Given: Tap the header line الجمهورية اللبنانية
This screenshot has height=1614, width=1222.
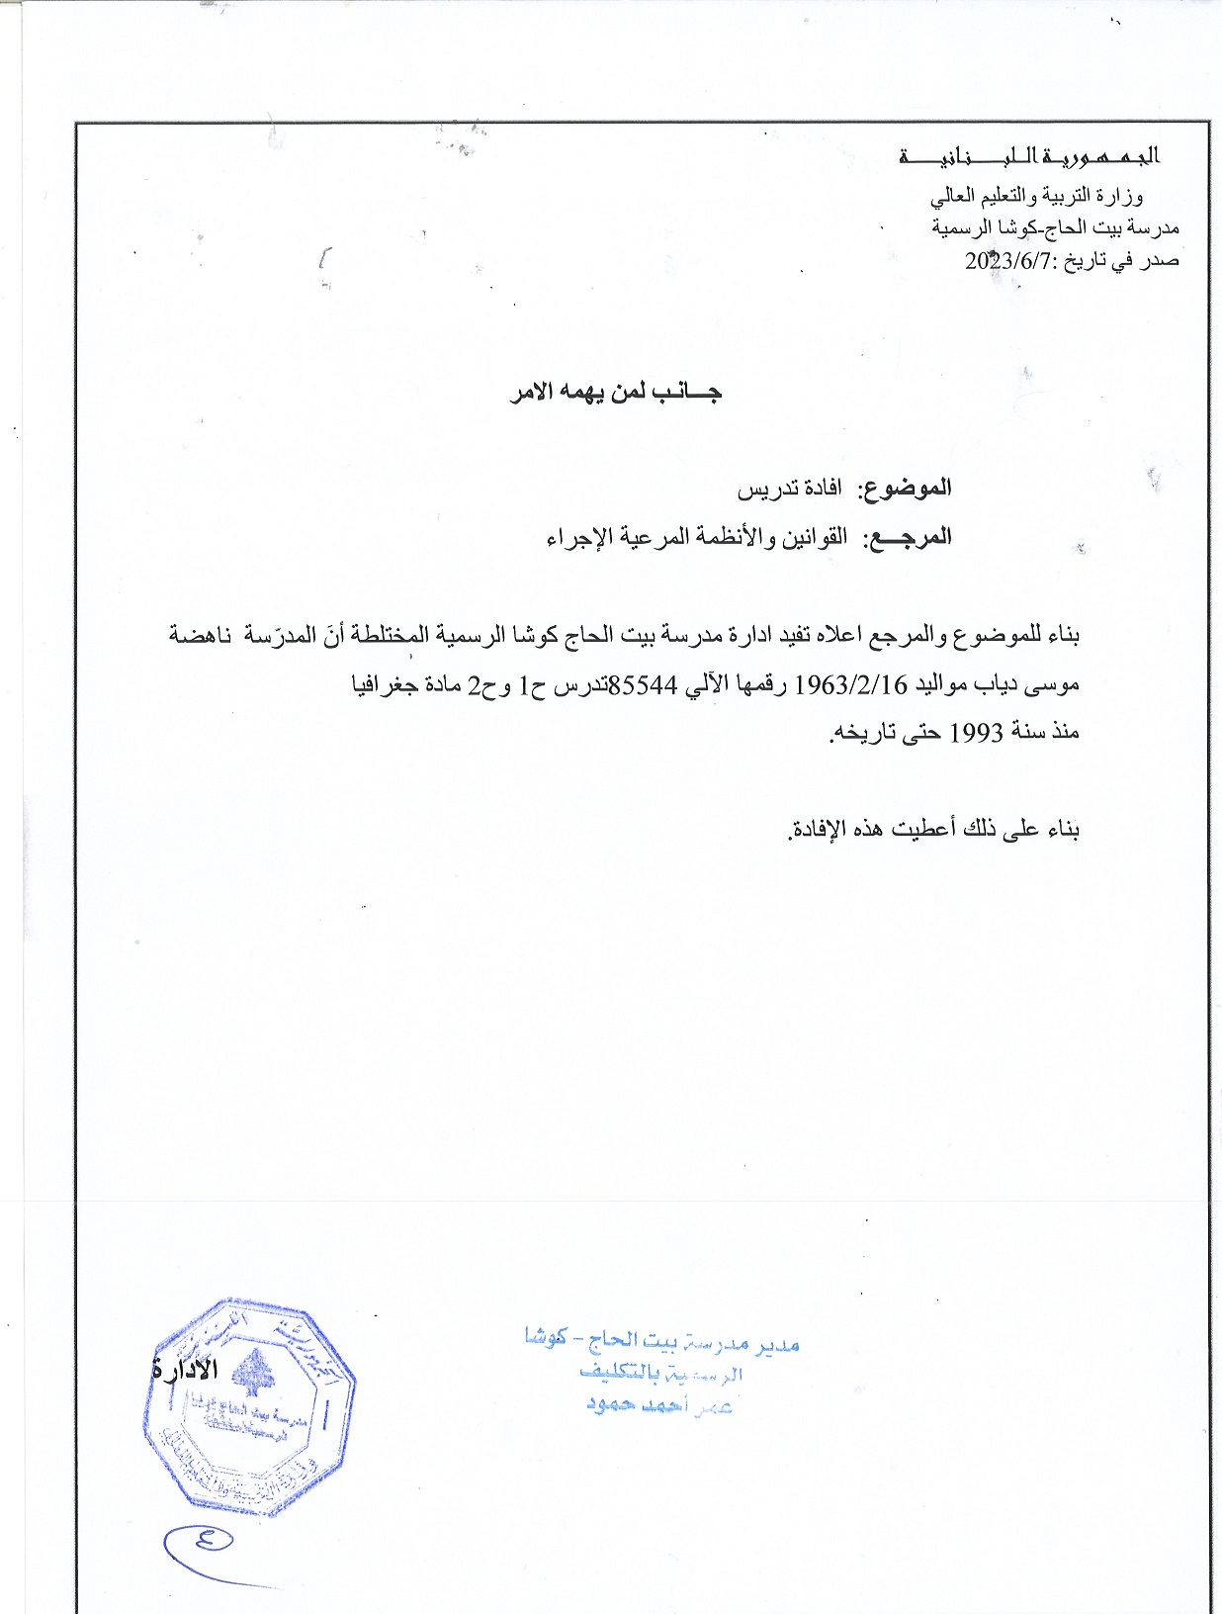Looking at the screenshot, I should pos(1028,156).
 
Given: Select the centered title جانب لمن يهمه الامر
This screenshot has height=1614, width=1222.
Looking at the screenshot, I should pos(616,393).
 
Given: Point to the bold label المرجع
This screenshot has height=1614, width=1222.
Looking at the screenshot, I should pos(908,537).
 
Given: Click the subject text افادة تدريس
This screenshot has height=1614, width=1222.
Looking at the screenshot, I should pos(790,489).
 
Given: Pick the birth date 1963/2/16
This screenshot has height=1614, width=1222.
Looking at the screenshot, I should pos(851,684).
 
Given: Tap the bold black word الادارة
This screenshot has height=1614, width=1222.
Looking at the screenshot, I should pos(185,1371).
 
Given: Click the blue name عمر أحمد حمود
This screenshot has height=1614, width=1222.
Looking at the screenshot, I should pos(658,1405).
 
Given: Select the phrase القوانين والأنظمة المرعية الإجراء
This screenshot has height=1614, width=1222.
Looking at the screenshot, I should pos(697,537).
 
